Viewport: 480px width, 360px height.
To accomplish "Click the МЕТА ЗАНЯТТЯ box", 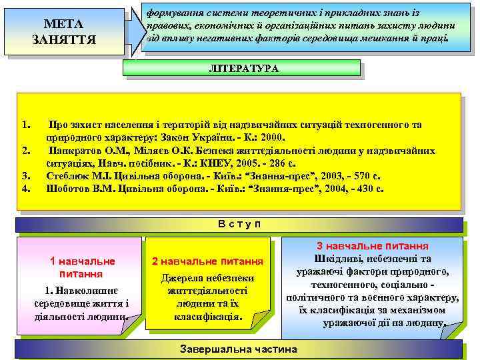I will (x=64, y=32).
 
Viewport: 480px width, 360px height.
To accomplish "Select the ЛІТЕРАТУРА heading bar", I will (x=243, y=68).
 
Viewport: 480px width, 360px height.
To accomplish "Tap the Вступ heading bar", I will (x=239, y=224).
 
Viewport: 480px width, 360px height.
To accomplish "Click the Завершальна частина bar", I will (x=239, y=349).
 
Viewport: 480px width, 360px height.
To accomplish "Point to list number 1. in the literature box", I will (x=26, y=125).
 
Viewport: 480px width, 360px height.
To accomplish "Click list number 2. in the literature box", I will (x=26, y=150).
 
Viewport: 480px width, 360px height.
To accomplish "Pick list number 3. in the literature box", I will (x=26, y=176).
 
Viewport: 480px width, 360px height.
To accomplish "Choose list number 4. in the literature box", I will (x=26, y=188).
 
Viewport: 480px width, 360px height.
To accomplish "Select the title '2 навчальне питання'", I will (x=208, y=261).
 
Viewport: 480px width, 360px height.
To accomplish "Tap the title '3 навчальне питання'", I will (x=372, y=245).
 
